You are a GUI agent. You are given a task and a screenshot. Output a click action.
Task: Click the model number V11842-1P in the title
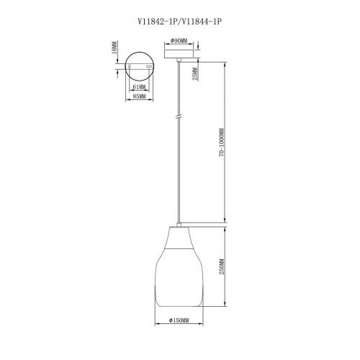157,22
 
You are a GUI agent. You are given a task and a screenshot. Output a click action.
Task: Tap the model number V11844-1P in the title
200,22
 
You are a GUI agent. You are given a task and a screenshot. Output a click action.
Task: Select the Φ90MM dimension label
179,40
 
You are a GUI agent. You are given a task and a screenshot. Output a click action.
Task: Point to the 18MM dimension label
115,48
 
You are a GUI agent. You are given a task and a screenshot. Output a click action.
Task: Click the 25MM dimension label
196,73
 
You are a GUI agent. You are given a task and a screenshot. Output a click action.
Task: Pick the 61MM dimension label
139,87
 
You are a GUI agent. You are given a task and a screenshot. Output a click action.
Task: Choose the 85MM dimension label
139,96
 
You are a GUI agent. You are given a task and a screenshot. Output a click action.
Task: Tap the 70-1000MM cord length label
222,143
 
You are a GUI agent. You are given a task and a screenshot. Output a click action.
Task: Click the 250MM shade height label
222,266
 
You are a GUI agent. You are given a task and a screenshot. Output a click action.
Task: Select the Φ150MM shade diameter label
179,320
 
